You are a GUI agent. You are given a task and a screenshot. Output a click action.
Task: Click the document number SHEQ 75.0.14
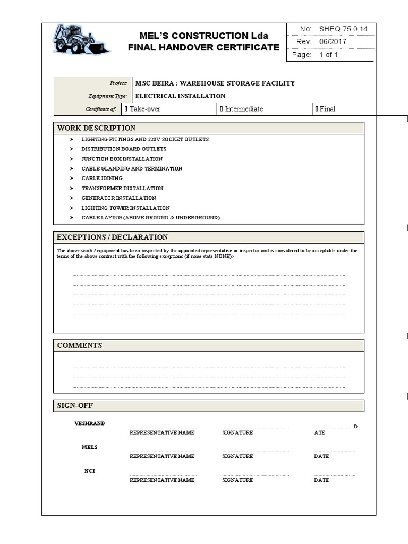[x=343, y=29]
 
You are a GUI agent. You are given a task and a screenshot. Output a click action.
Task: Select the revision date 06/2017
[x=333, y=42]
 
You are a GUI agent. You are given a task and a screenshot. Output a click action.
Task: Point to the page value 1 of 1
[x=328, y=55]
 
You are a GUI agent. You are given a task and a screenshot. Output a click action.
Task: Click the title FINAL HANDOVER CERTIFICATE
[x=203, y=47]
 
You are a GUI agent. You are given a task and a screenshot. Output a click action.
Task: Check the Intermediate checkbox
[x=222, y=109]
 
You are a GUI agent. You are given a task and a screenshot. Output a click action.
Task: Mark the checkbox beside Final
[x=317, y=109]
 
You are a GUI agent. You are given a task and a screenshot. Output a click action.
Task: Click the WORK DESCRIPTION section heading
[x=96, y=128]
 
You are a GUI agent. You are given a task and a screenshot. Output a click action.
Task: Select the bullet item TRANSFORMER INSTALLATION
[x=122, y=188]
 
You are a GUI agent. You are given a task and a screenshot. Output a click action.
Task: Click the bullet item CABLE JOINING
[x=102, y=178]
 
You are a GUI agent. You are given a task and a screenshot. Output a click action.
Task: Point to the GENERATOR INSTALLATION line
[x=118, y=198]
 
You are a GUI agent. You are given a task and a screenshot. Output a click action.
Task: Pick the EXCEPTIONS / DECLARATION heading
[x=112, y=237]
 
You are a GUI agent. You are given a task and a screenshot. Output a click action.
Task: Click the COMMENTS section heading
[x=80, y=345]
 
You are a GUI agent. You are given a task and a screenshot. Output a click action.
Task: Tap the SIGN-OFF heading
[x=75, y=406]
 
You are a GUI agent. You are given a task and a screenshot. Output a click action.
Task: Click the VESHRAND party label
[x=89, y=423]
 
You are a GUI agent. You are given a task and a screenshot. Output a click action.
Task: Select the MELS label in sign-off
[x=89, y=447]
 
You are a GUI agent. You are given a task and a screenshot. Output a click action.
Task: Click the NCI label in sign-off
[x=90, y=471]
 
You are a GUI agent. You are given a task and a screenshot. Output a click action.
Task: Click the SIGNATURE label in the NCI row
[x=237, y=480]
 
